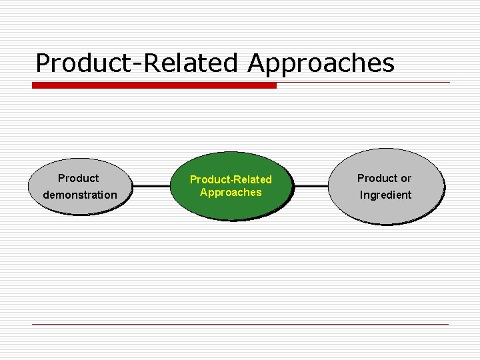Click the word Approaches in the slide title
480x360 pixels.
(x=321, y=63)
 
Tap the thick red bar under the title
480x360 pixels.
(x=154, y=85)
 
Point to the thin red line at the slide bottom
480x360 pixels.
(x=240, y=324)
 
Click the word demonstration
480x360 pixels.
(x=79, y=195)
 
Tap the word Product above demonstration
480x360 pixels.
(x=78, y=178)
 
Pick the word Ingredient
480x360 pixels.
(x=386, y=195)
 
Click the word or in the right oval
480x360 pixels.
(x=405, y=178)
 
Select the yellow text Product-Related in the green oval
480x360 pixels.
(x=231, y=179)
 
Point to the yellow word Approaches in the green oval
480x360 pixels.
(x=231, y=193)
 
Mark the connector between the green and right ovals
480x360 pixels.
(x=313, y=187)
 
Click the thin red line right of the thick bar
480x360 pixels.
(x=363, y=83)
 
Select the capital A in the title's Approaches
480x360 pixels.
(x=257, y=63)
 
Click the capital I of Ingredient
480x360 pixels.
(x=362, y=195)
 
